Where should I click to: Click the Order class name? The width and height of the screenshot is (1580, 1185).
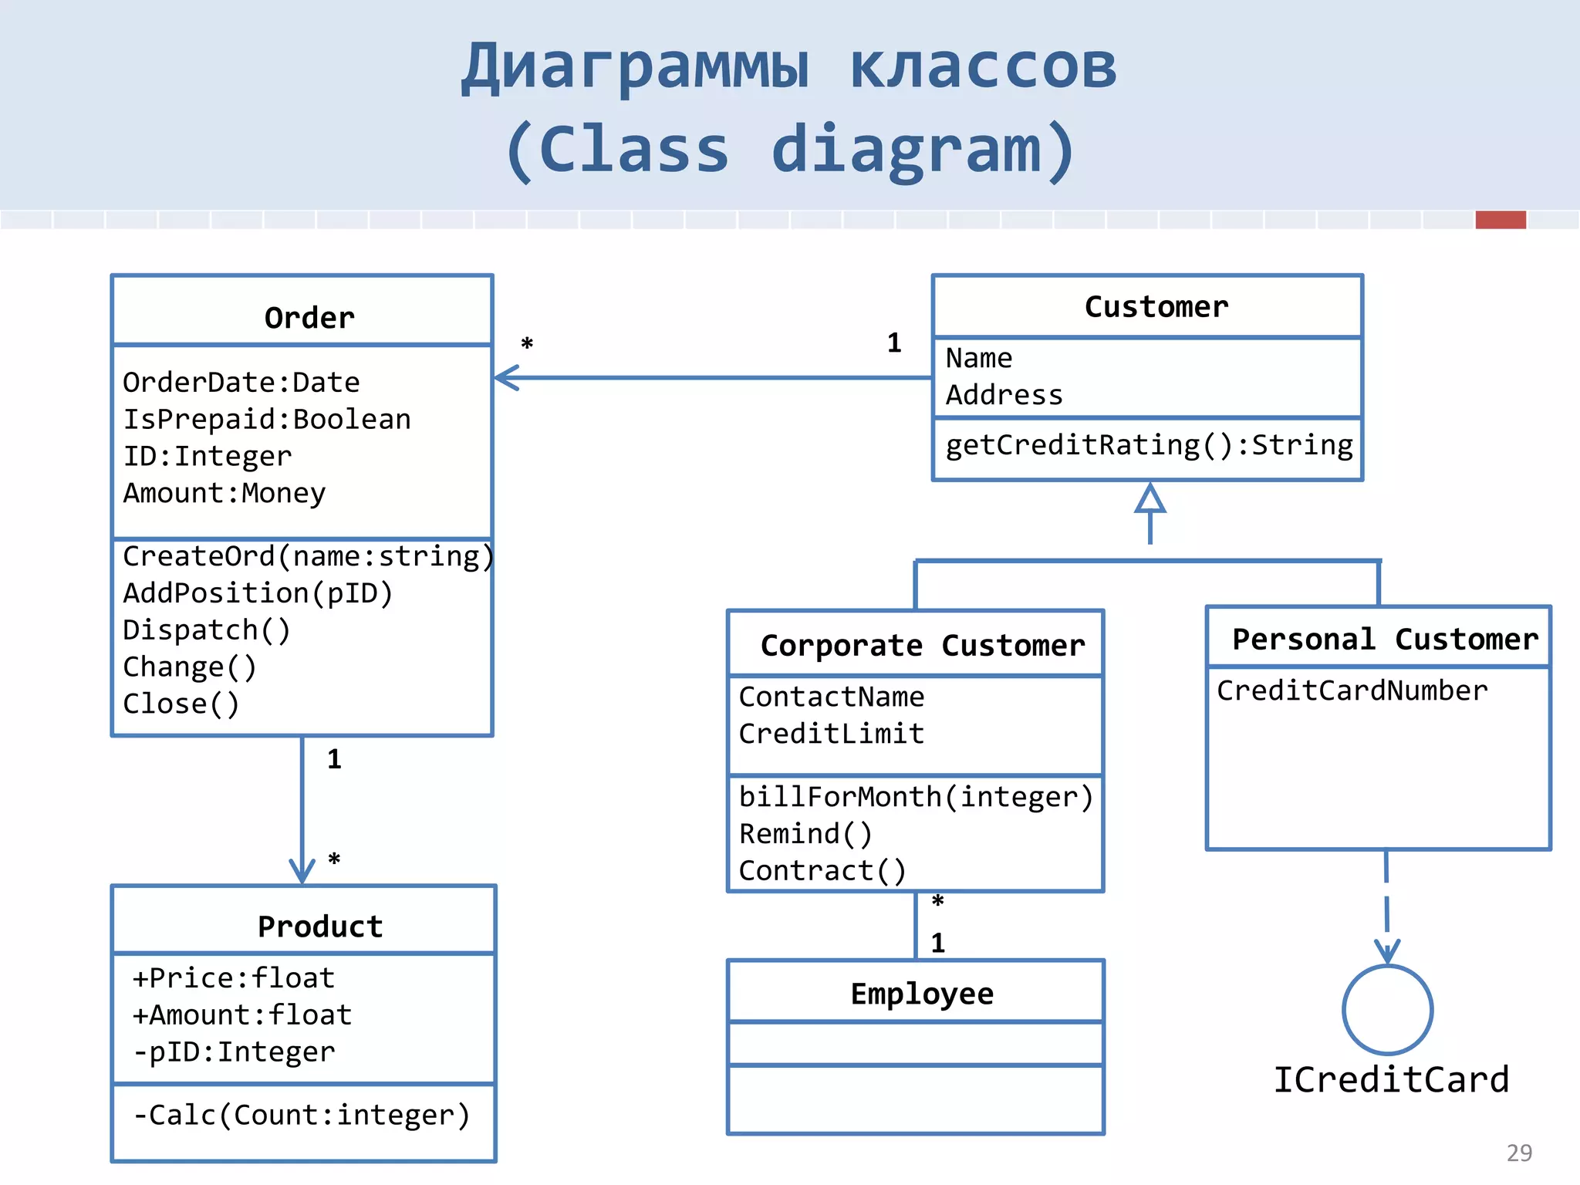click(x=309, y=318)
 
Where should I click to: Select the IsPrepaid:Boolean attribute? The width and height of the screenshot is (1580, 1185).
click(x=267, y=420)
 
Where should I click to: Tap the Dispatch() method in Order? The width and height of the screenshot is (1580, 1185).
click(x=207, y=630)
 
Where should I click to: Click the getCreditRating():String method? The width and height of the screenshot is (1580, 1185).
click(x=1149, y=446)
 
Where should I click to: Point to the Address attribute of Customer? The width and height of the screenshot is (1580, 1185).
click(x=1004, y=395)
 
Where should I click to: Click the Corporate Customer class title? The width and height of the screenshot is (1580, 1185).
click(x=922, y=646)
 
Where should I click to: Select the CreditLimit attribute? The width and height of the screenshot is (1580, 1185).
click(x=831, y=734)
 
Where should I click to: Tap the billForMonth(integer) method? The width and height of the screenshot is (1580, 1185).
click(x=916, y=797)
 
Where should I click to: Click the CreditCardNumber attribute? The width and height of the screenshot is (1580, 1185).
click(x=1352, y=690)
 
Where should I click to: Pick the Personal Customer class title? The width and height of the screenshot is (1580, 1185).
click(x=1385, y=640)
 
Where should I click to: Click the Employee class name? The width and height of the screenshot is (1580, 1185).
click(x=922, y=994)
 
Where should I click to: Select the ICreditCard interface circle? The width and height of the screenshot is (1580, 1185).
click(x=1387, y=1010)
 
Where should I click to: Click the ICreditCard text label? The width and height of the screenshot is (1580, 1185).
click(x=1390, y=1080)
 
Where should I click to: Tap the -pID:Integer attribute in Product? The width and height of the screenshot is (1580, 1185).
click(x=234, y=1052)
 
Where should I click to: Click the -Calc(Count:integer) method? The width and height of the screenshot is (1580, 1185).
click(x=302, y=1116)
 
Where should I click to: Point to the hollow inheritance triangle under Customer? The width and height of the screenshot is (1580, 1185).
click(x=1150, y=499)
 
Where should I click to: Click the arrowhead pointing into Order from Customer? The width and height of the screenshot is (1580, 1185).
click(x=505, y=378)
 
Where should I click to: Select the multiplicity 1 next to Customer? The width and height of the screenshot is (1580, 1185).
click(x=894, y=343)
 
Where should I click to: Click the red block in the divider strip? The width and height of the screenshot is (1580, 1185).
click(x=1500, y=220)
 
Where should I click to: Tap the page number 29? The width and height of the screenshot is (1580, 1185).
click(x=1519, y=1153)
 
